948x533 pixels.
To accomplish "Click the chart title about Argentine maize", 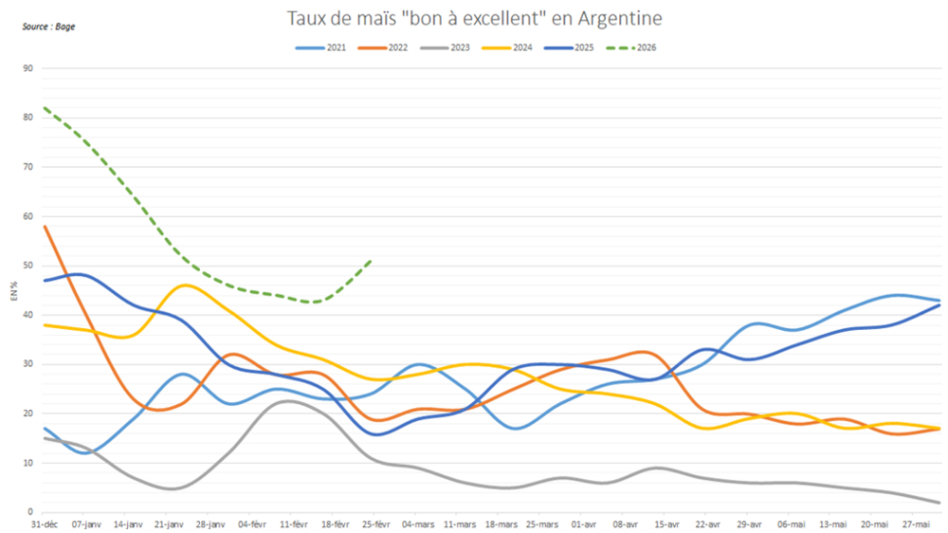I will [x=475, y=18].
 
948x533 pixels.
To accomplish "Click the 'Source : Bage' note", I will [x=48, y=27].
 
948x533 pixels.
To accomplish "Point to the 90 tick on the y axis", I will [x=27, y=68].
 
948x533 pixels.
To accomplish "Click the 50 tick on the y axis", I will [x=27, y=266].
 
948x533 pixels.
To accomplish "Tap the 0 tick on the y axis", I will [x=30, y=512].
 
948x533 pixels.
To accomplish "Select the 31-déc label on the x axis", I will [x=45, y=524].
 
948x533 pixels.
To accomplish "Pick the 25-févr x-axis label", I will [x=377, y=524].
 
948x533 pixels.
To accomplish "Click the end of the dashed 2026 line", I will [x=371, y=260].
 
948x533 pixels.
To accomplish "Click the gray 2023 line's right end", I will [x=939, y=503].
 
